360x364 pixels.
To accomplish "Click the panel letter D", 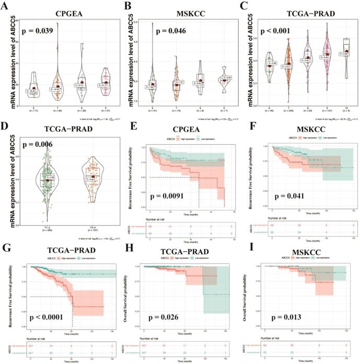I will tap(7, 127).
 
